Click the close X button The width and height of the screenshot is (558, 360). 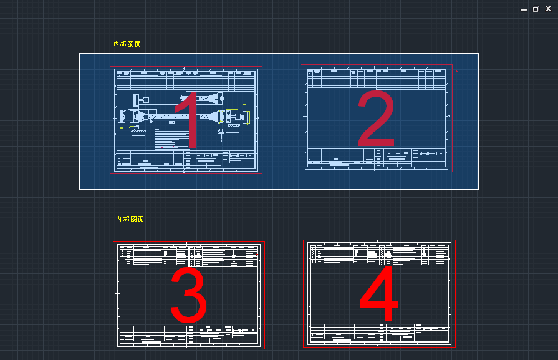point(548,9)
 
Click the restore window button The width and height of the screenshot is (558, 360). point(536,9)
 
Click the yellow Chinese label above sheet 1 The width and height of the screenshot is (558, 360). point(127,44)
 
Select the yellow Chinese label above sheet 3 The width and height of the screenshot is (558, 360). point(130,219)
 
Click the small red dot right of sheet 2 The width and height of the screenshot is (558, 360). point(456,71)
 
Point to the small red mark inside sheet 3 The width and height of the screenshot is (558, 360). point(256,255)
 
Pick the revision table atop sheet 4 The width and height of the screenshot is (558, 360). point(380,253)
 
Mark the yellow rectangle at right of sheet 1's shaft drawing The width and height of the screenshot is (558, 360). point(246,117)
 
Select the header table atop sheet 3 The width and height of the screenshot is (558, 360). point(189,255)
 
